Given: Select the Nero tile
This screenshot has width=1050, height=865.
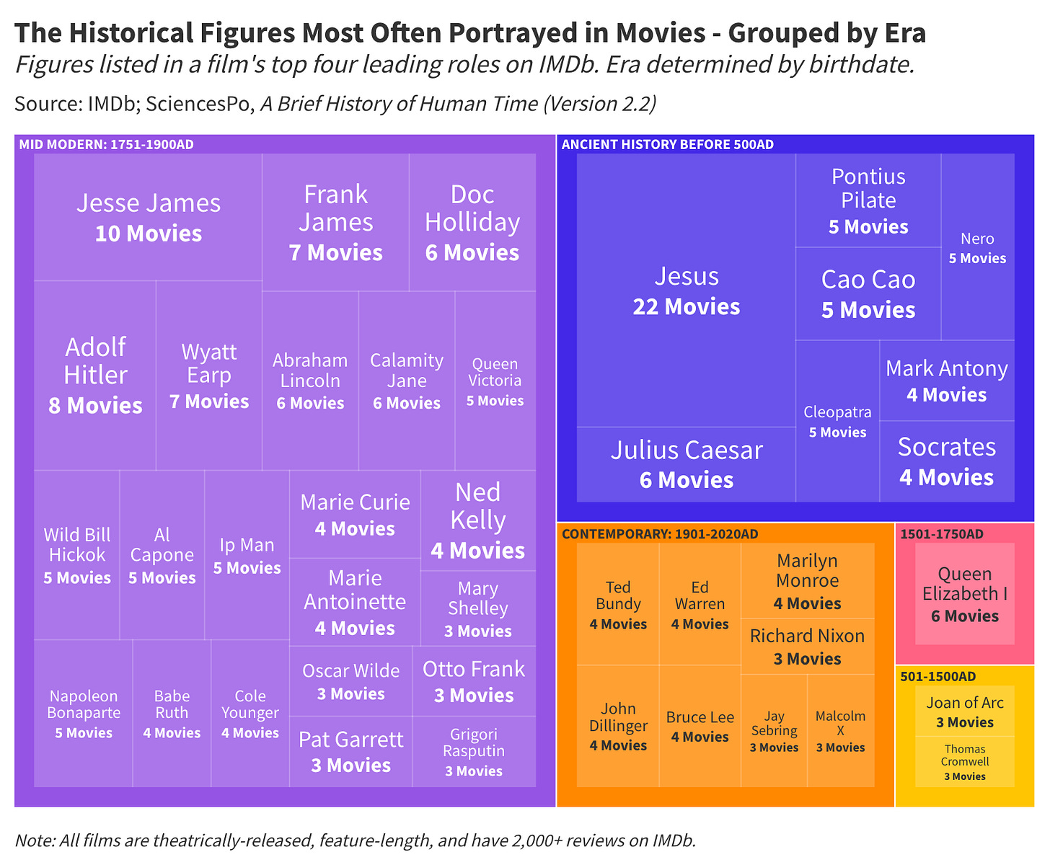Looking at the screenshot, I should point(977,247).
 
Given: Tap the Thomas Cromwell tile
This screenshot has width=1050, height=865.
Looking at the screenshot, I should point(965,762).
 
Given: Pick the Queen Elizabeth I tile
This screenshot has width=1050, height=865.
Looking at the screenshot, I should point(965,594).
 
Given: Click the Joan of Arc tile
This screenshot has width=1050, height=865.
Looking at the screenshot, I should point(965,711).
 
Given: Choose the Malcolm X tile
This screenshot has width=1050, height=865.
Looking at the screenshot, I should point(840,731).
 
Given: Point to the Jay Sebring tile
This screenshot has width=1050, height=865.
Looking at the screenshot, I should point(774,731).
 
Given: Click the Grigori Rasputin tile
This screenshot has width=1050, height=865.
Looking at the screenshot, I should point(474,752).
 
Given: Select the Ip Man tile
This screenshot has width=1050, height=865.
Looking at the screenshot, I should point(247,555).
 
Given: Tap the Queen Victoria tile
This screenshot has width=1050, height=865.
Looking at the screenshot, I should point(495,381).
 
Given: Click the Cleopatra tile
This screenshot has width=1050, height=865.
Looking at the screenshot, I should point(837,421).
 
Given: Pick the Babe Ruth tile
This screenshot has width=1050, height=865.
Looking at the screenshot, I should point(172,714).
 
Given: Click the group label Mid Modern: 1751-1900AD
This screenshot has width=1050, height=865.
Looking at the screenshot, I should point(106,144).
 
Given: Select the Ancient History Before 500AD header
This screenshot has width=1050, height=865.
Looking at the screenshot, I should point(667,144).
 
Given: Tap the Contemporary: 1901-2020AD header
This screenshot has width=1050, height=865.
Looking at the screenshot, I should point(659,534).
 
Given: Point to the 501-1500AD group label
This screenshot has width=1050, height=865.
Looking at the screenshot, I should point(937,676).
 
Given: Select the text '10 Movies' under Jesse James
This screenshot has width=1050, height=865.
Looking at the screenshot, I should point(149,234).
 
